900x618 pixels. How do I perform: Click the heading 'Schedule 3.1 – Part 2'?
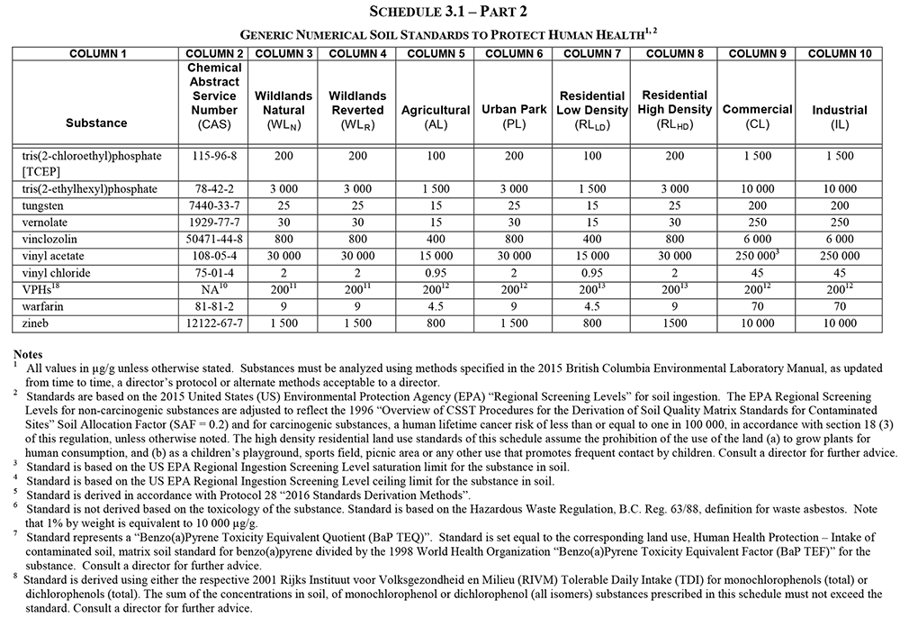point(449,11)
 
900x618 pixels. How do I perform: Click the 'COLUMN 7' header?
point(592,53)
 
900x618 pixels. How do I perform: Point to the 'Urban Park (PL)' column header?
point(513,116)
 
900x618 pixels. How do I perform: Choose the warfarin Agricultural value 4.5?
point(436,306)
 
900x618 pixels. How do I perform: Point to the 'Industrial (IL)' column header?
point(839,117)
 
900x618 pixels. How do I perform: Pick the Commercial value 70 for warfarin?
point(755,306)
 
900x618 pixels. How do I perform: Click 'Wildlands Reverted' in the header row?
point(357,102)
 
